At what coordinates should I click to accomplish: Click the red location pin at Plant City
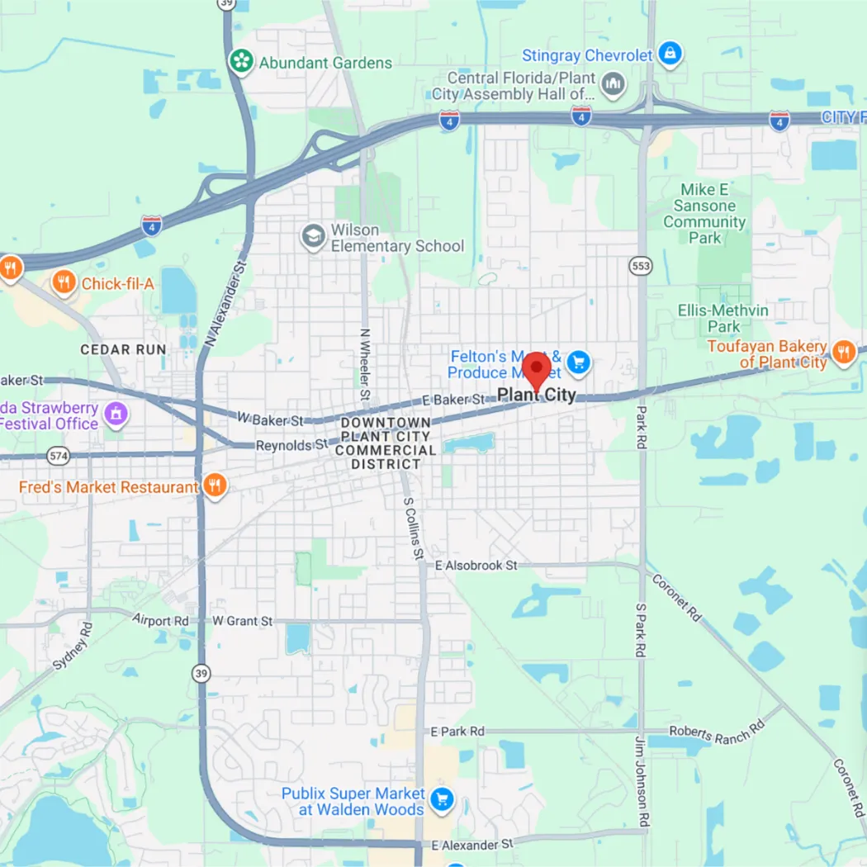pyautogui.click(x=537, y=368)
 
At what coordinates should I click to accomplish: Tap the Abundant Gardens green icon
pyautogui.click(x=240, y=62)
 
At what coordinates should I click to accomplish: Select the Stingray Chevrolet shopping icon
pyautogui.click(x=671, y=55)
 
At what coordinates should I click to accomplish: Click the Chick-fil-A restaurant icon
pyautogui.click(x=64, y=284)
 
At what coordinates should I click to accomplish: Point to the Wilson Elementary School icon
pyautogui.click(x=313, y=237)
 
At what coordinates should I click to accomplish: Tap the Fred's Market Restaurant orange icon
pyautogui.click(x=215, y=486)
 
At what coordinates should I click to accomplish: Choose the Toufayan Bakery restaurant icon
pyautogui.click(x=843, y=353)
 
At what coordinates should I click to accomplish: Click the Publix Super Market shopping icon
pyautogui.click(x=442, y=800)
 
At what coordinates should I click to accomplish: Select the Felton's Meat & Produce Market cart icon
pyautogui.click(x=579, y=362)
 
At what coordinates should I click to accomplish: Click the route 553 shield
pyautogui.click(x=640, y=265)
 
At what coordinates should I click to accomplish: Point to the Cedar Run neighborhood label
pyautogui.click(x=123, y=350)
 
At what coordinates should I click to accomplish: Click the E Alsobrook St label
pyautogui.click(x=476, y=566)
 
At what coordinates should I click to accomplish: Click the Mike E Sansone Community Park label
pyautogui.click(x=704, y=214)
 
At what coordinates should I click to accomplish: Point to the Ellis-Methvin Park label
pyautogui.click(x=723, y=319)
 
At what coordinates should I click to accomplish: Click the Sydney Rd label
pyautogui.click(x=73, y=646)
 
